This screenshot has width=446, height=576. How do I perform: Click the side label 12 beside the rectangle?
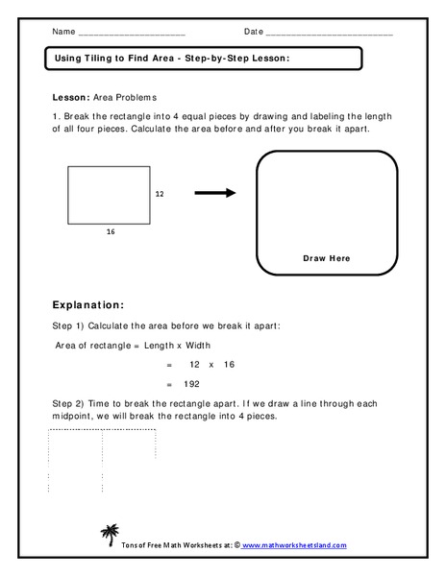(x=160, y=194)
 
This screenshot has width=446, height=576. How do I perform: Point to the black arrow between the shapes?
(x=215, y=193)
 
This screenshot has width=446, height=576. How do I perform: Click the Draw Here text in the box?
(x=327, y=258)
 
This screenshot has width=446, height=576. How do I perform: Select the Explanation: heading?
(x=87, y=305)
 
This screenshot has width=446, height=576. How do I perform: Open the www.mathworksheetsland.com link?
(x=301, y=545)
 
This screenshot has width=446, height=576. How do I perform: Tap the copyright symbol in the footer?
(x=236, y=545)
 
